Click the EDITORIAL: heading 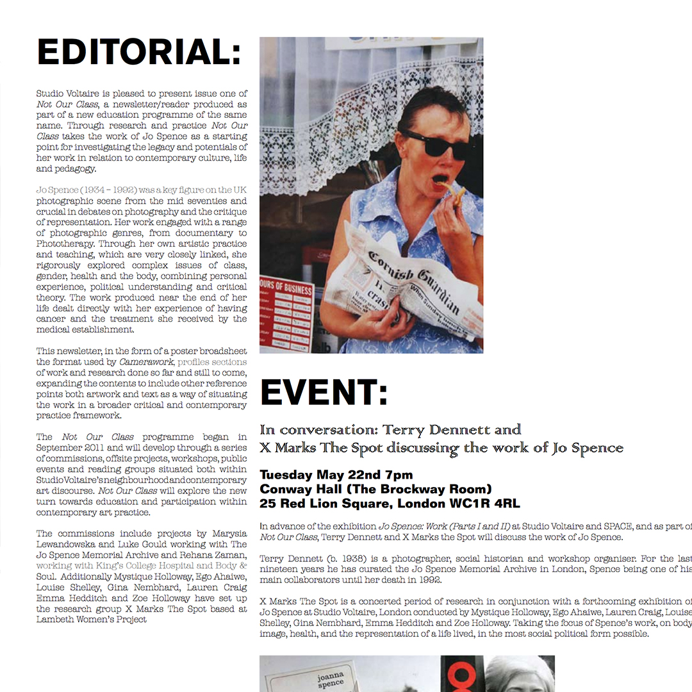pos(139,53)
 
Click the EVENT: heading pos(324,393)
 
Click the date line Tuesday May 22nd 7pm pos(336,475)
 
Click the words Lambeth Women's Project pos(92,620)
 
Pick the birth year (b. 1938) pos(348,559)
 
